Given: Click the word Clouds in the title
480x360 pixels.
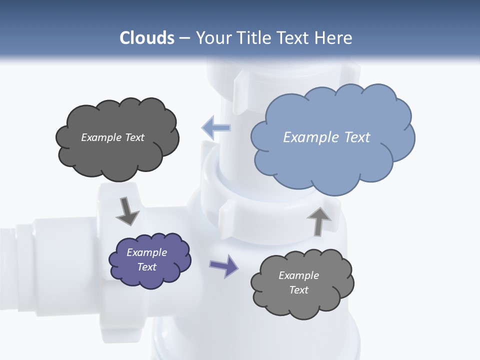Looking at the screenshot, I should (x=147, y=38).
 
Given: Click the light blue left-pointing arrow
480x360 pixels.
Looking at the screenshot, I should (x=216, y=127).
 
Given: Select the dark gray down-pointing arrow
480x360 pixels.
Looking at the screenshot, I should (x=127, y=210).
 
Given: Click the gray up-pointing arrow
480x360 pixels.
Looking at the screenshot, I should (x=318, y=221).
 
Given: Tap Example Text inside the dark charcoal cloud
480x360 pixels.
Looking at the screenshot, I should (x=112, y=137).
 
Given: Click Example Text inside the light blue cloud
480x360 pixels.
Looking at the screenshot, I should (x=326, y=137).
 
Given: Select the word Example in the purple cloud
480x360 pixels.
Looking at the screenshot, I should (x=146, y=252).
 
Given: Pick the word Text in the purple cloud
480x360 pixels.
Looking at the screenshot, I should (x=146, y=267).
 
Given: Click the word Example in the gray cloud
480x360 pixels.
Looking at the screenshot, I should (x=298, y=275).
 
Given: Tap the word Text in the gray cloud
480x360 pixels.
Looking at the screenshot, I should (x=298, y=290).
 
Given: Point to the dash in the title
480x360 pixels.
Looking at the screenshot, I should (x=184, y=38).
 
